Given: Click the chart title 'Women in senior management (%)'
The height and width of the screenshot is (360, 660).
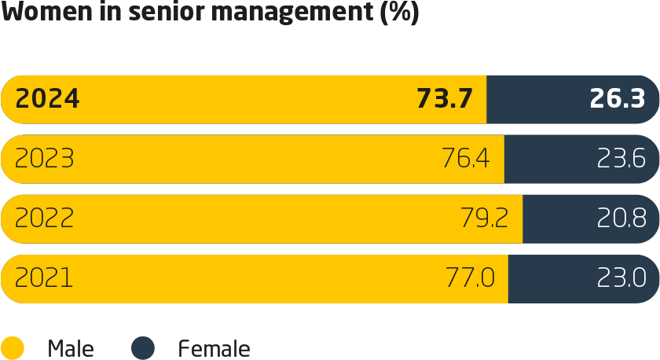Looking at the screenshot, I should click(x=211, y=14).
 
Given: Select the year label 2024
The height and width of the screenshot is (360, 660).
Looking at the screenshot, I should click(x=47, y=99).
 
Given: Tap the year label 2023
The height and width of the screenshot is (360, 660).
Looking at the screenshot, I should click(x=45, y=159).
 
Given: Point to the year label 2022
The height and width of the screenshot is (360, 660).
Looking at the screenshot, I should click(x=45, y=219).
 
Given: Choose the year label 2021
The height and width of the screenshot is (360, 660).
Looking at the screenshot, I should click(x=44, y=278).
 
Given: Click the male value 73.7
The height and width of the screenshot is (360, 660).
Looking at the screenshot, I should click(x=444, y=99).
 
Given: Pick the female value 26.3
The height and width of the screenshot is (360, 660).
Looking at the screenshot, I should click(x=617, y=99).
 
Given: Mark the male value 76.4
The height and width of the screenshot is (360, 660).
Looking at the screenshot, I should click(x=465, y=159).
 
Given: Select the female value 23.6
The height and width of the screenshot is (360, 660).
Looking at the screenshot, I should click(x=621, y=159).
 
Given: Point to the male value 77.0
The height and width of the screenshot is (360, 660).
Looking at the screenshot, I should click(x=469, y=278).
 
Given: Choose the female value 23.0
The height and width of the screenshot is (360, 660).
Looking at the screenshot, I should click(x=621, y=278).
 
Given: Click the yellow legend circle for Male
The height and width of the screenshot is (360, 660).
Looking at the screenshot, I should click(x=13, y=347).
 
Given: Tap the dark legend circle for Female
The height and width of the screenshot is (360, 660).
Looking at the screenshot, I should click(x=143, y=347).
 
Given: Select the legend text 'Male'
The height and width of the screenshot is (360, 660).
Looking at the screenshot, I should click(x=71, y=348).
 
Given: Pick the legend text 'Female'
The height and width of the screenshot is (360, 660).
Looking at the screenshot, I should click(x=214, y=348).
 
